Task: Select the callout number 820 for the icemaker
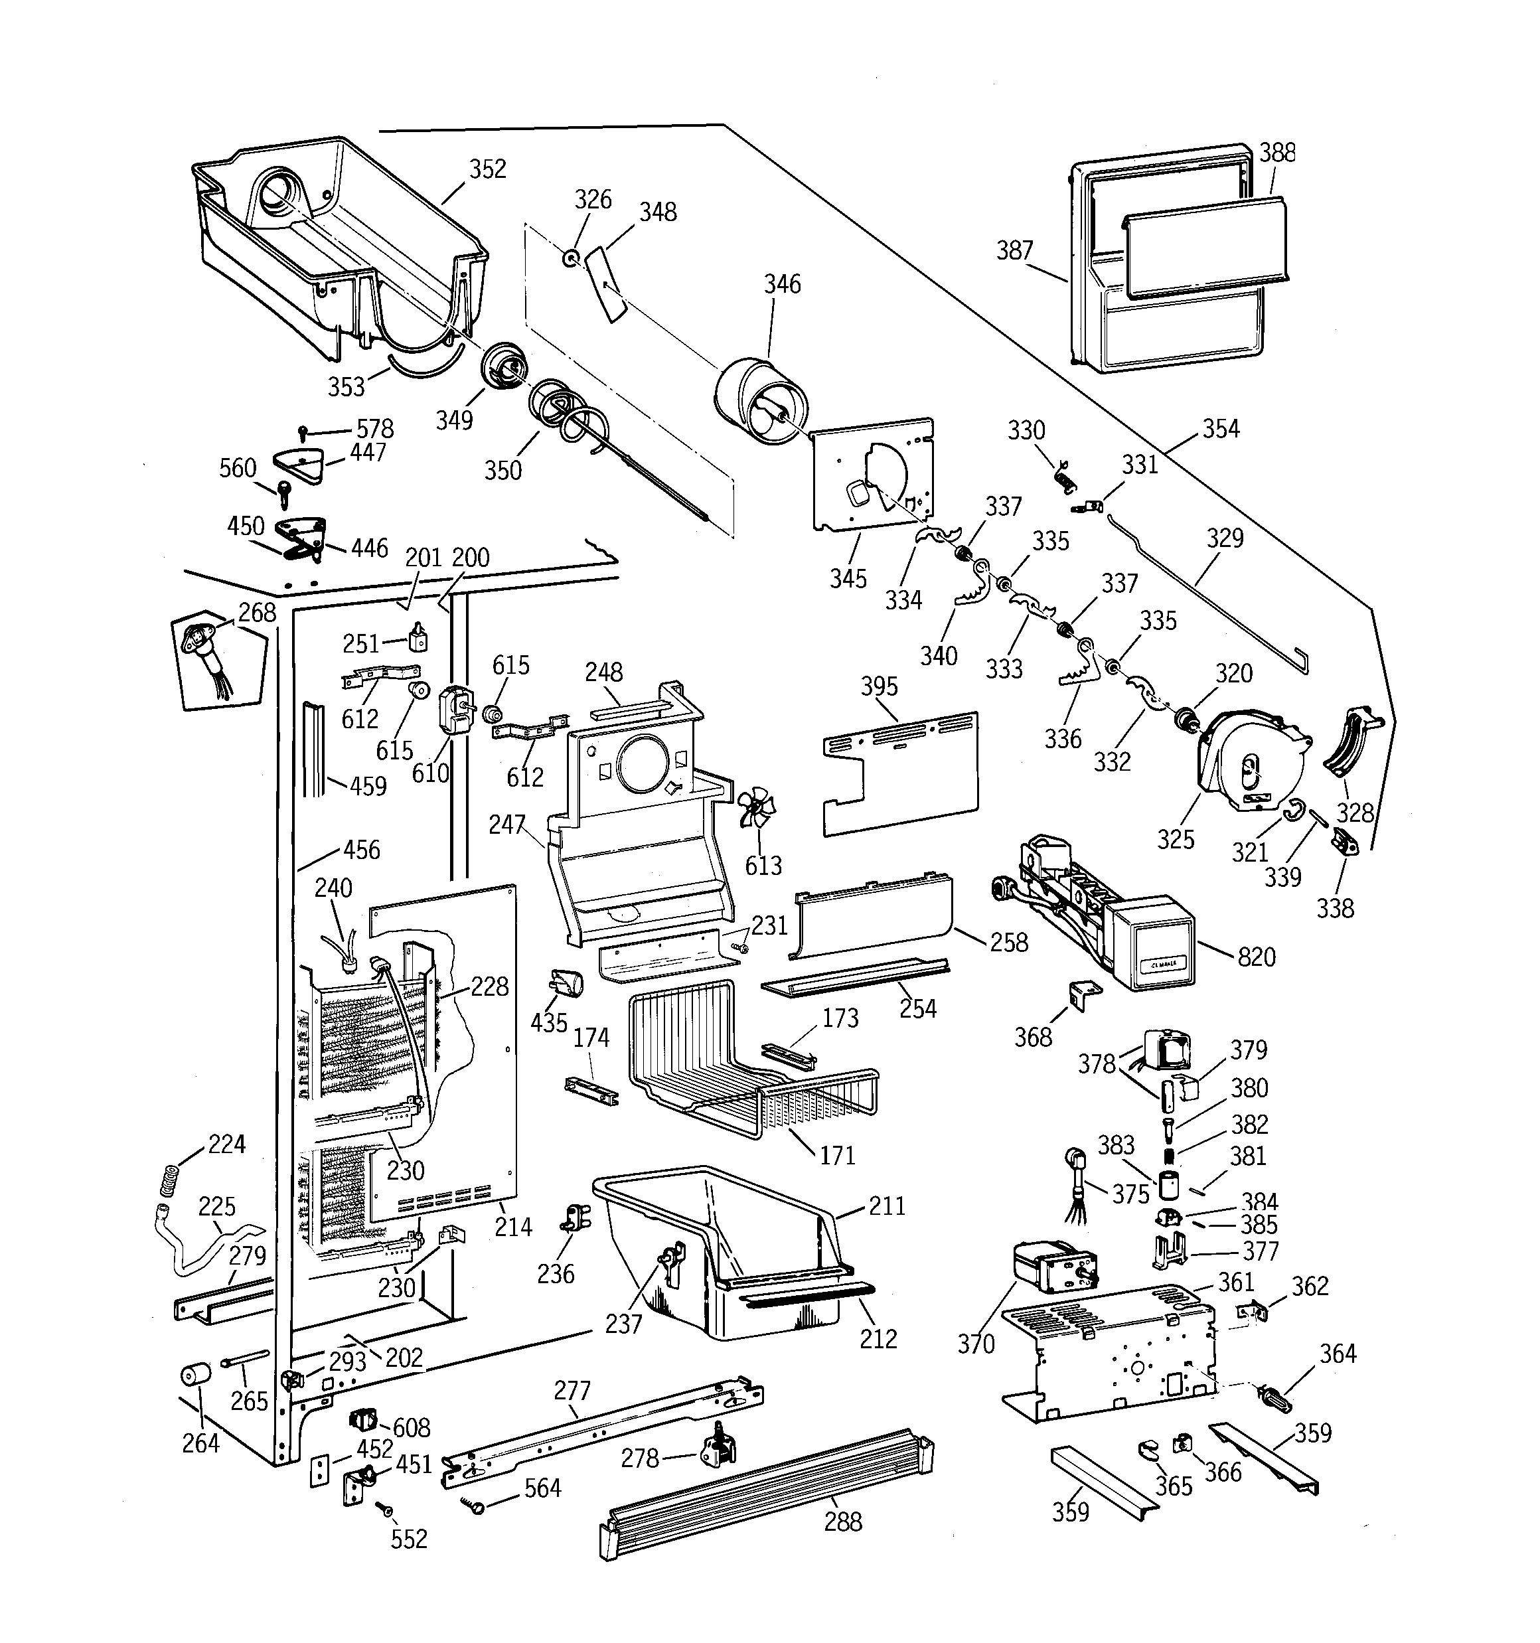1257,957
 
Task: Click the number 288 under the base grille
842,1522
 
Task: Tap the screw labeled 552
385,1508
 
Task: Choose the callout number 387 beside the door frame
1014,250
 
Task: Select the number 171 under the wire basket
837,1154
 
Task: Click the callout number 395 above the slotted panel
879,686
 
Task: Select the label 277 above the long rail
572,1390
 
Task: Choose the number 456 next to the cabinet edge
361,850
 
